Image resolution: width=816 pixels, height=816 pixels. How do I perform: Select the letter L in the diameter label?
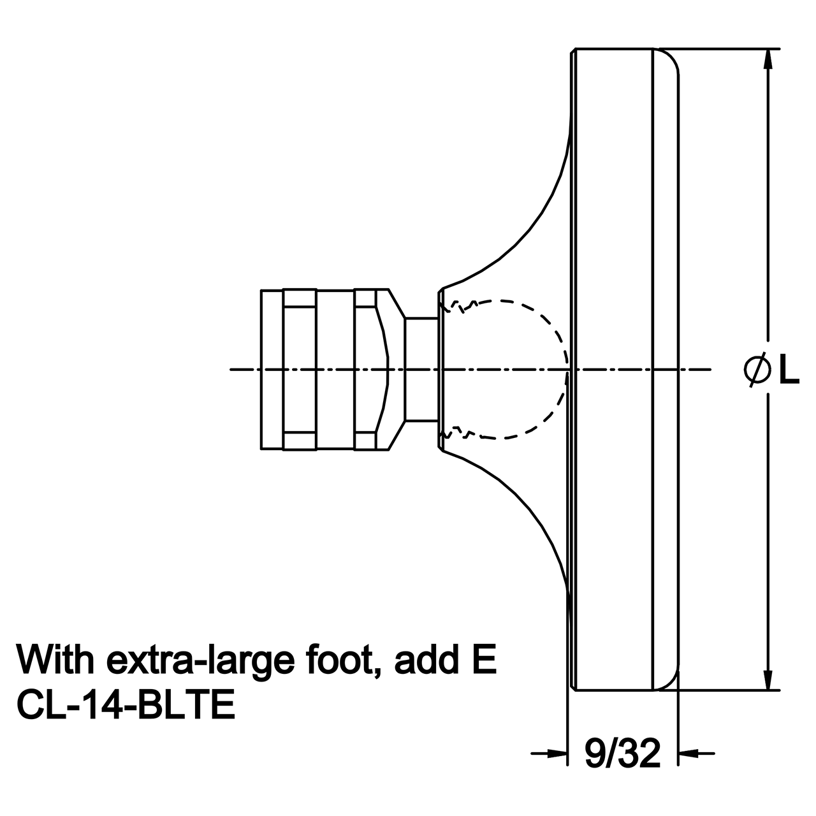pos(789,370)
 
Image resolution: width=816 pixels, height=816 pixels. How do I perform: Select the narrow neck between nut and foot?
pos(421,369)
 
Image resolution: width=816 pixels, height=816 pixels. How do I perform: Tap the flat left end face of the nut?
pos(261,369)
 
